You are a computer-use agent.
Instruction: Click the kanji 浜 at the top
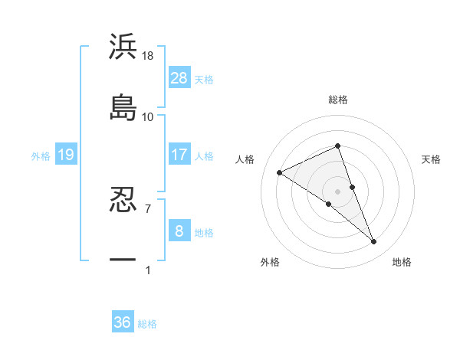point(123,47)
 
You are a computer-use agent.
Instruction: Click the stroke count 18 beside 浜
point(148,56)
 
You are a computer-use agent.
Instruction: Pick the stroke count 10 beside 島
point(148,116)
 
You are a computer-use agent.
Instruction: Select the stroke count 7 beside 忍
point(148,208)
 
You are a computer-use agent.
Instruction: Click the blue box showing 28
point(179,77)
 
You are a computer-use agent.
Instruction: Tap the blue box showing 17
point(179,154)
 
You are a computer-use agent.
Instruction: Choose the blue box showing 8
point(179,231)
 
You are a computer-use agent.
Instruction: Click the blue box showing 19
point(65,155)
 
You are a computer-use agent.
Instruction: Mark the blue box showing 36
point(123,322)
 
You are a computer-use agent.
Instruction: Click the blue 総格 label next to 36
point(147,324)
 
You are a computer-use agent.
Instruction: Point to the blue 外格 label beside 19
point(41,156)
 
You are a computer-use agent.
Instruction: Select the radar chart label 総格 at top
point(338,100)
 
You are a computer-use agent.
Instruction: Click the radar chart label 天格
point(432,159)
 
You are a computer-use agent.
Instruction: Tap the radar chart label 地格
point(402,262)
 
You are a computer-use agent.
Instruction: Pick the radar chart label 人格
point(245,159)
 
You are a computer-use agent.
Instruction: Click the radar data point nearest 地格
point(374,242)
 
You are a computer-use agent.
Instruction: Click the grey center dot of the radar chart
point(338,191)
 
